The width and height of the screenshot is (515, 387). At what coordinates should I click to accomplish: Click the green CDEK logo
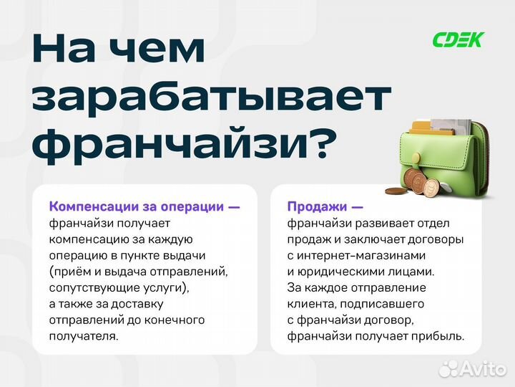click(x=458, y=40)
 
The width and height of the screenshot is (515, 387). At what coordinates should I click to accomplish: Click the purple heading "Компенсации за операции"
click(x=136, y=206)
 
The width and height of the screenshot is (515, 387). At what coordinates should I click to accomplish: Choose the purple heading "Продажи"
click(x=315, y=206)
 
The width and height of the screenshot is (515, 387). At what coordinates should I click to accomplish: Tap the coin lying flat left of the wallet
click(x=395, y=191)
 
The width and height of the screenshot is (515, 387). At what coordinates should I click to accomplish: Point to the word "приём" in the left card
click(x=72, y=272)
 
